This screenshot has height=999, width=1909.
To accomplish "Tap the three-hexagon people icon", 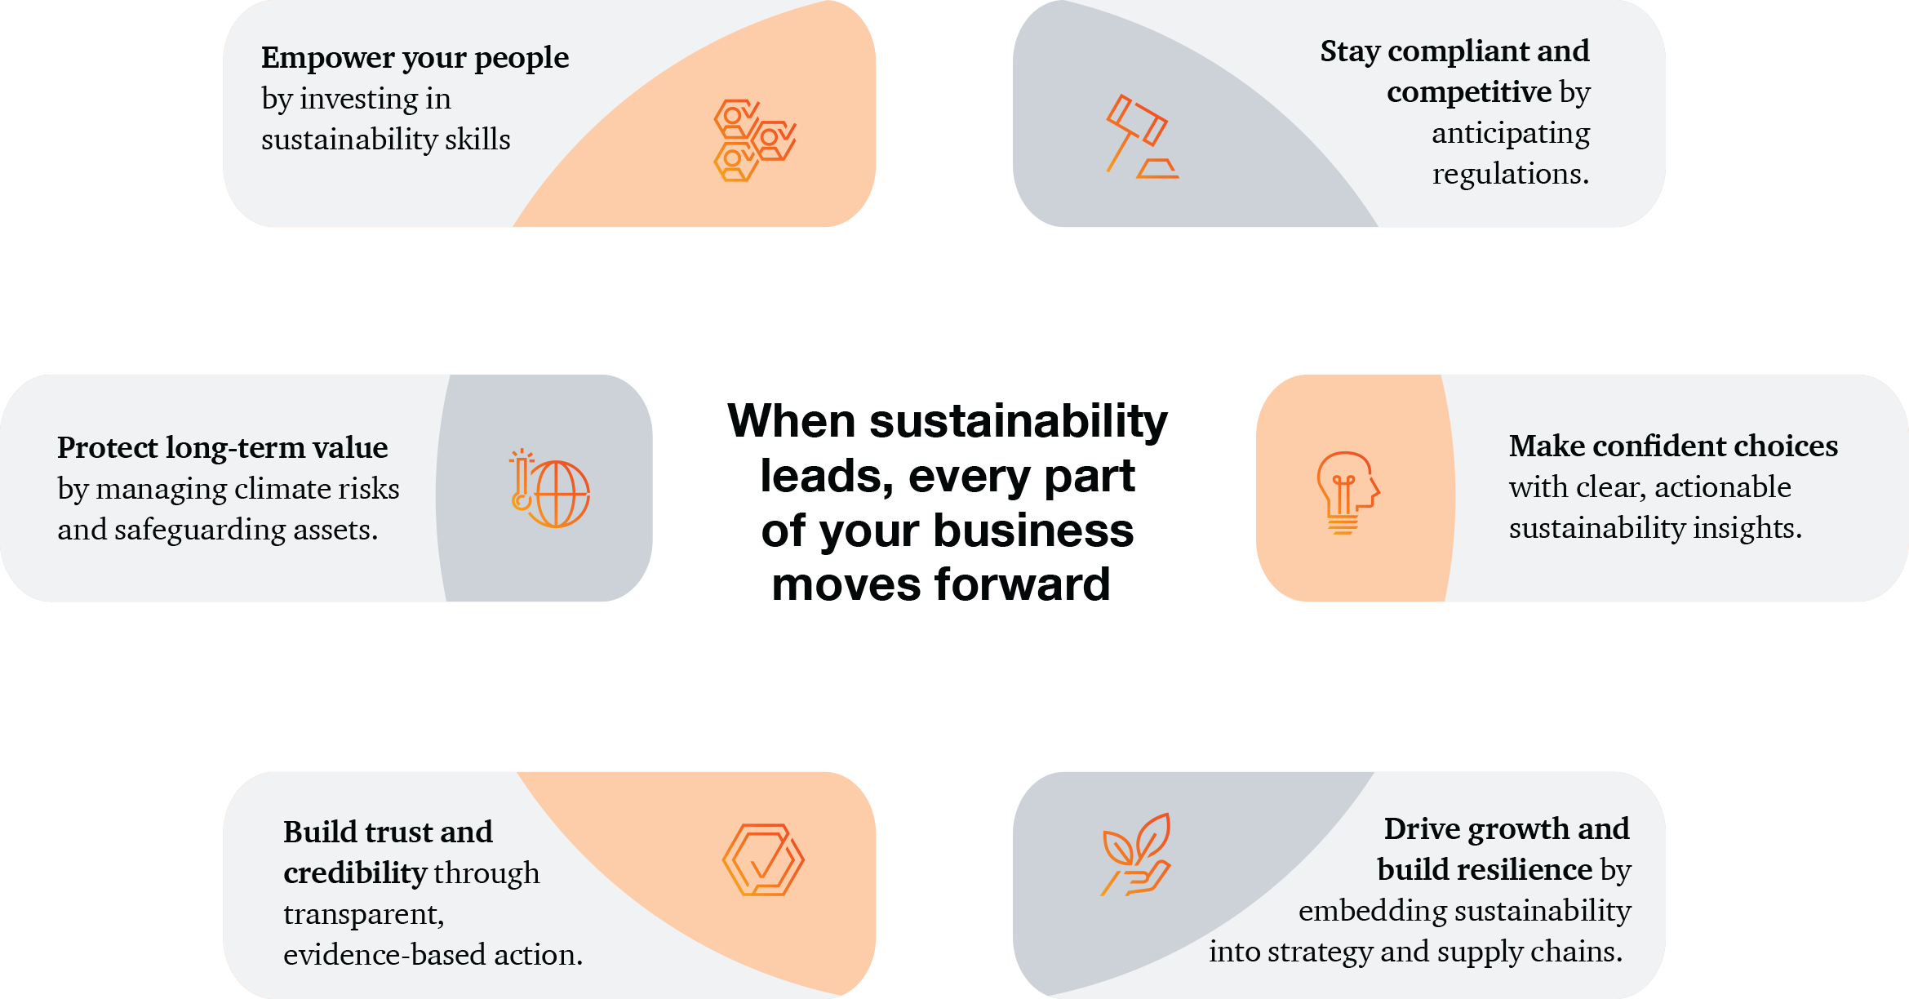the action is [755, 140].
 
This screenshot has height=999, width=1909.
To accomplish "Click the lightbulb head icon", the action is [1347, 493].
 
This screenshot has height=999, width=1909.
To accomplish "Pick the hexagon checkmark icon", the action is [763, 860].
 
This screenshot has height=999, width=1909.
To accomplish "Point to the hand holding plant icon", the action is [1136, 855].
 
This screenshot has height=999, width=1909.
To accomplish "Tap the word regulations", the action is [1511, 175].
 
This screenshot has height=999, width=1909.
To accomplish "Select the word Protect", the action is [107, 447].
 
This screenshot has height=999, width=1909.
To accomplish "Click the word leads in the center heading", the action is [827, 477].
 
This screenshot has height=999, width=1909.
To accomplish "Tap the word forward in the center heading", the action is [1022, 584].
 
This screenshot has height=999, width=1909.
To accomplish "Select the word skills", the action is [477, 140].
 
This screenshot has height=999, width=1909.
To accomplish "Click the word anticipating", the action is [1511, 134].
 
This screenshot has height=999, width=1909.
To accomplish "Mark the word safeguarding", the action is [200, 531].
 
